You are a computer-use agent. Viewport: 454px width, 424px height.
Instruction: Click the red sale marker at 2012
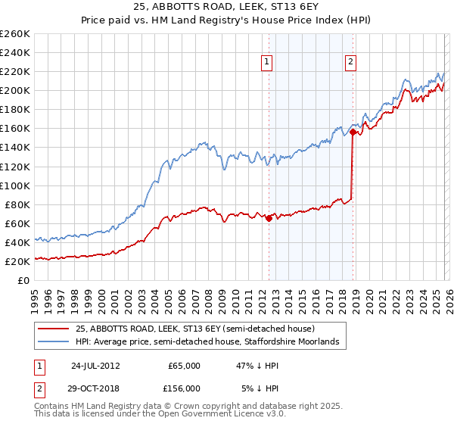pos(269,219)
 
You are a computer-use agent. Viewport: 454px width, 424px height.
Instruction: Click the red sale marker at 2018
pos(353,132)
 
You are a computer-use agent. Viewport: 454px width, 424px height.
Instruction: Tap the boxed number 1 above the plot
pos(269,64)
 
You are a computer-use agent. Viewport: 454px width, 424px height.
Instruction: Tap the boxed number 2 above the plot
pos(352,64)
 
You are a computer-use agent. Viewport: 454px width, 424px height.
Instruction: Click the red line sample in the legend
pos(54,329)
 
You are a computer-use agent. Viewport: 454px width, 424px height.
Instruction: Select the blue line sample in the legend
pos(54,342)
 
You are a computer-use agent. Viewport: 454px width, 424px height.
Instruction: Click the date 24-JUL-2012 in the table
pos(96,366)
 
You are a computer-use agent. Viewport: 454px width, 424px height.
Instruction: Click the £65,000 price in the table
pos(184,366)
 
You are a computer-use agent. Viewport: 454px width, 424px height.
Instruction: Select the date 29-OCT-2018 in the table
pos(96,388)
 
